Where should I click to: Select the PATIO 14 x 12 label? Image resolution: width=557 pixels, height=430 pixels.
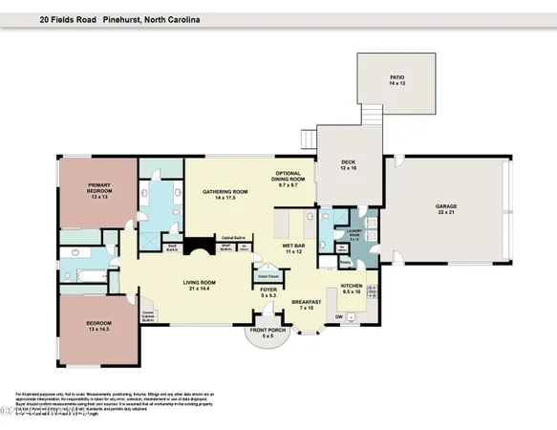[396, 81]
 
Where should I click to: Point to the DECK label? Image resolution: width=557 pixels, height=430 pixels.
[348, 164]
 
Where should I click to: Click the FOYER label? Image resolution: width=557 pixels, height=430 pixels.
[268, 292]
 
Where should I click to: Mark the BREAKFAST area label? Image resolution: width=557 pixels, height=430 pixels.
[307, 304]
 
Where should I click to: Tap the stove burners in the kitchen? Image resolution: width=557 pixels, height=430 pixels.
[374, 291]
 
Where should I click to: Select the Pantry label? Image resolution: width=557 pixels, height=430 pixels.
[345, 259]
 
